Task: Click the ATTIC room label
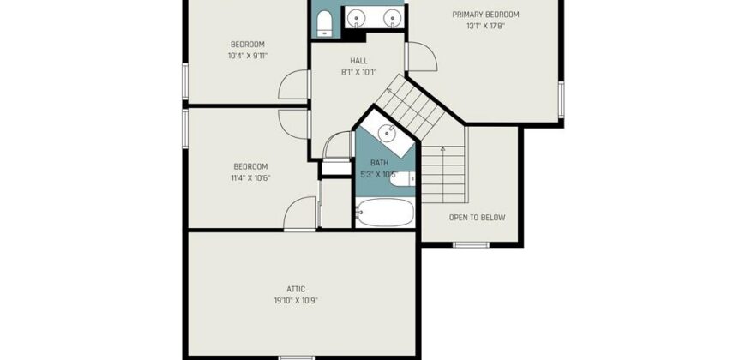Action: pos(296,289)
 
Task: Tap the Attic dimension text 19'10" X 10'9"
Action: pos(296,301)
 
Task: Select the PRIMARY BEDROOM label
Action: pos(485,15)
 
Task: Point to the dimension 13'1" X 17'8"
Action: pos(485,27)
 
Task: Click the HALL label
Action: pos(358,61)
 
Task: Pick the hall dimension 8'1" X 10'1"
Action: pos(358,72)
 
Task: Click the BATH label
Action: pos(379,163)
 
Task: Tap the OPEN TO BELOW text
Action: pos(478,218)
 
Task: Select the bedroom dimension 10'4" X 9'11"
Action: pos(248,56)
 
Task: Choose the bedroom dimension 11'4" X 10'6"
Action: pos(250,178)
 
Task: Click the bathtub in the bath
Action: pos(384,212)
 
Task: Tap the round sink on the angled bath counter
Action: pos(388,132)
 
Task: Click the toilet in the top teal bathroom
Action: pos(324,24)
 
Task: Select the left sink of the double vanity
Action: pos(355,18)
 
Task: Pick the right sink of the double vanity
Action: pos(391,18)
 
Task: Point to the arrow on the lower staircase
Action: pos(443,174)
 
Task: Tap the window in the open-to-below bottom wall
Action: pos(471,245)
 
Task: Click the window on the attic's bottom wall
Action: pos(297,357)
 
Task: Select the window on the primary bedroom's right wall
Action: pos(562,99)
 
